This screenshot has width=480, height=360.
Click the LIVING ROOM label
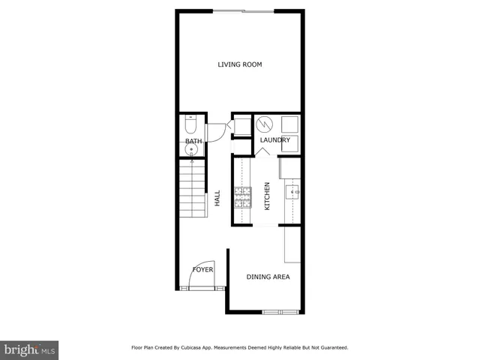(x=240, y=64)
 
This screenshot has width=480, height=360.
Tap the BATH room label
(x=193, y=141)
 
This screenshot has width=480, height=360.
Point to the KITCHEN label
(x=267, y=196)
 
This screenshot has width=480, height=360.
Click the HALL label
(x=217, y=199)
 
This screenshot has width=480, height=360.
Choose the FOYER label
(x=202, y=268)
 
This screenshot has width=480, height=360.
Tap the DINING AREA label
(x=268, y=277)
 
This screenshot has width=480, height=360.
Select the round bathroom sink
(x=192, y=150)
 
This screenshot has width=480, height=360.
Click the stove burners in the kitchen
(x=243, y=196)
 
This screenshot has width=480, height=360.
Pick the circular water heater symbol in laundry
(x=263, y=124)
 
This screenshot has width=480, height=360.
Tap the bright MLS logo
(x=30, y=349)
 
